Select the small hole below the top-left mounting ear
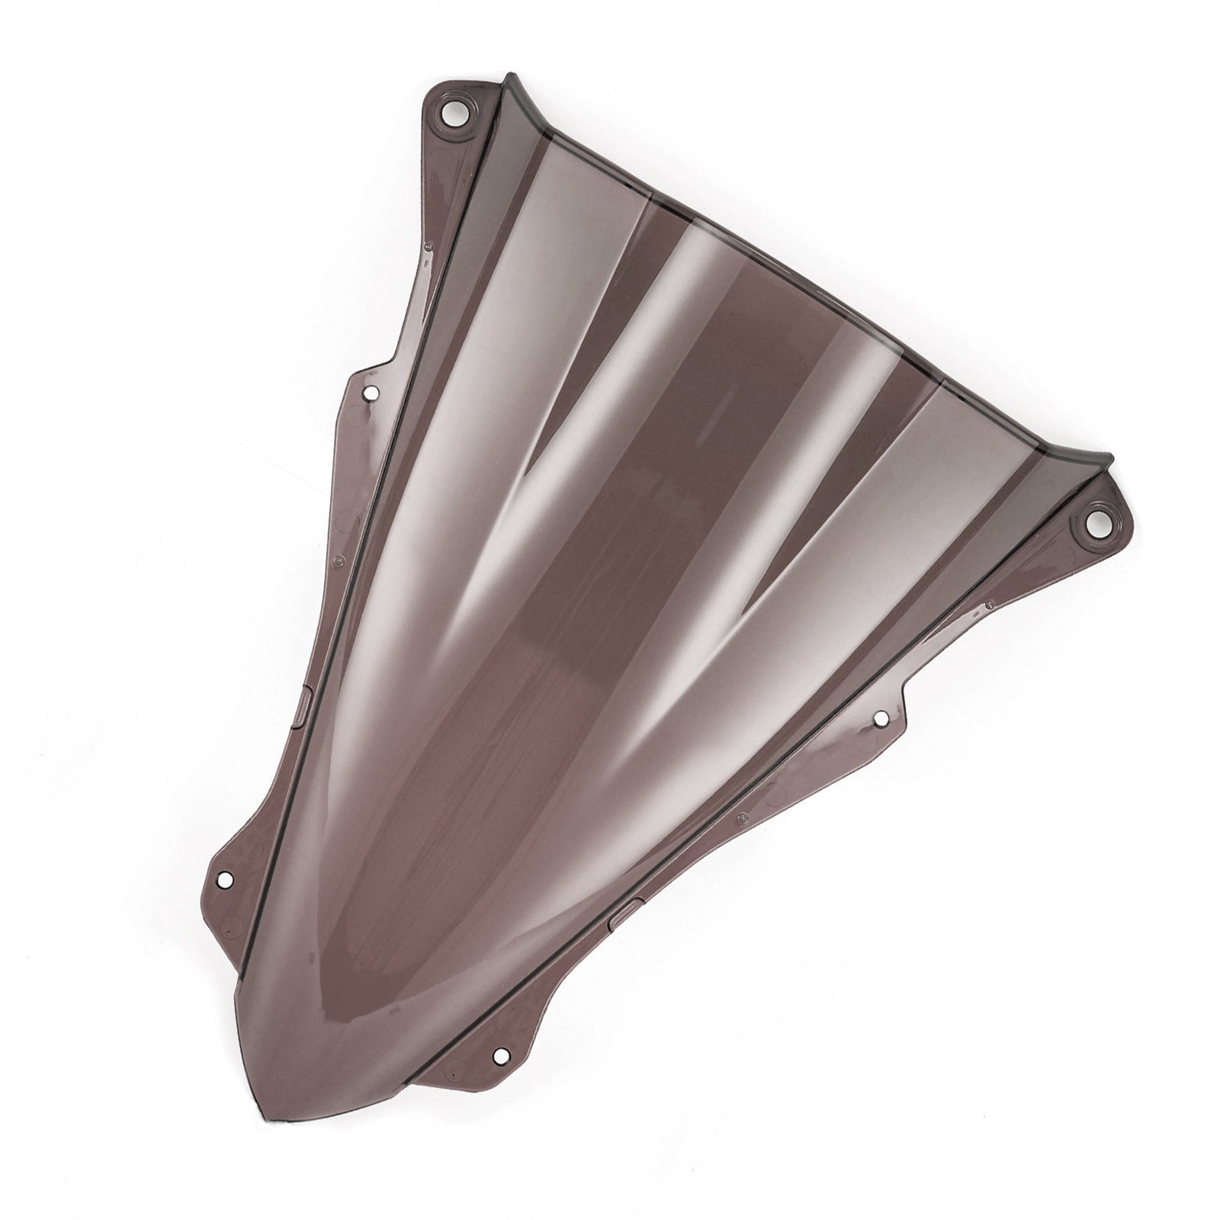tap(372, 393)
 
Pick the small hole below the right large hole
tap(878, 718)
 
